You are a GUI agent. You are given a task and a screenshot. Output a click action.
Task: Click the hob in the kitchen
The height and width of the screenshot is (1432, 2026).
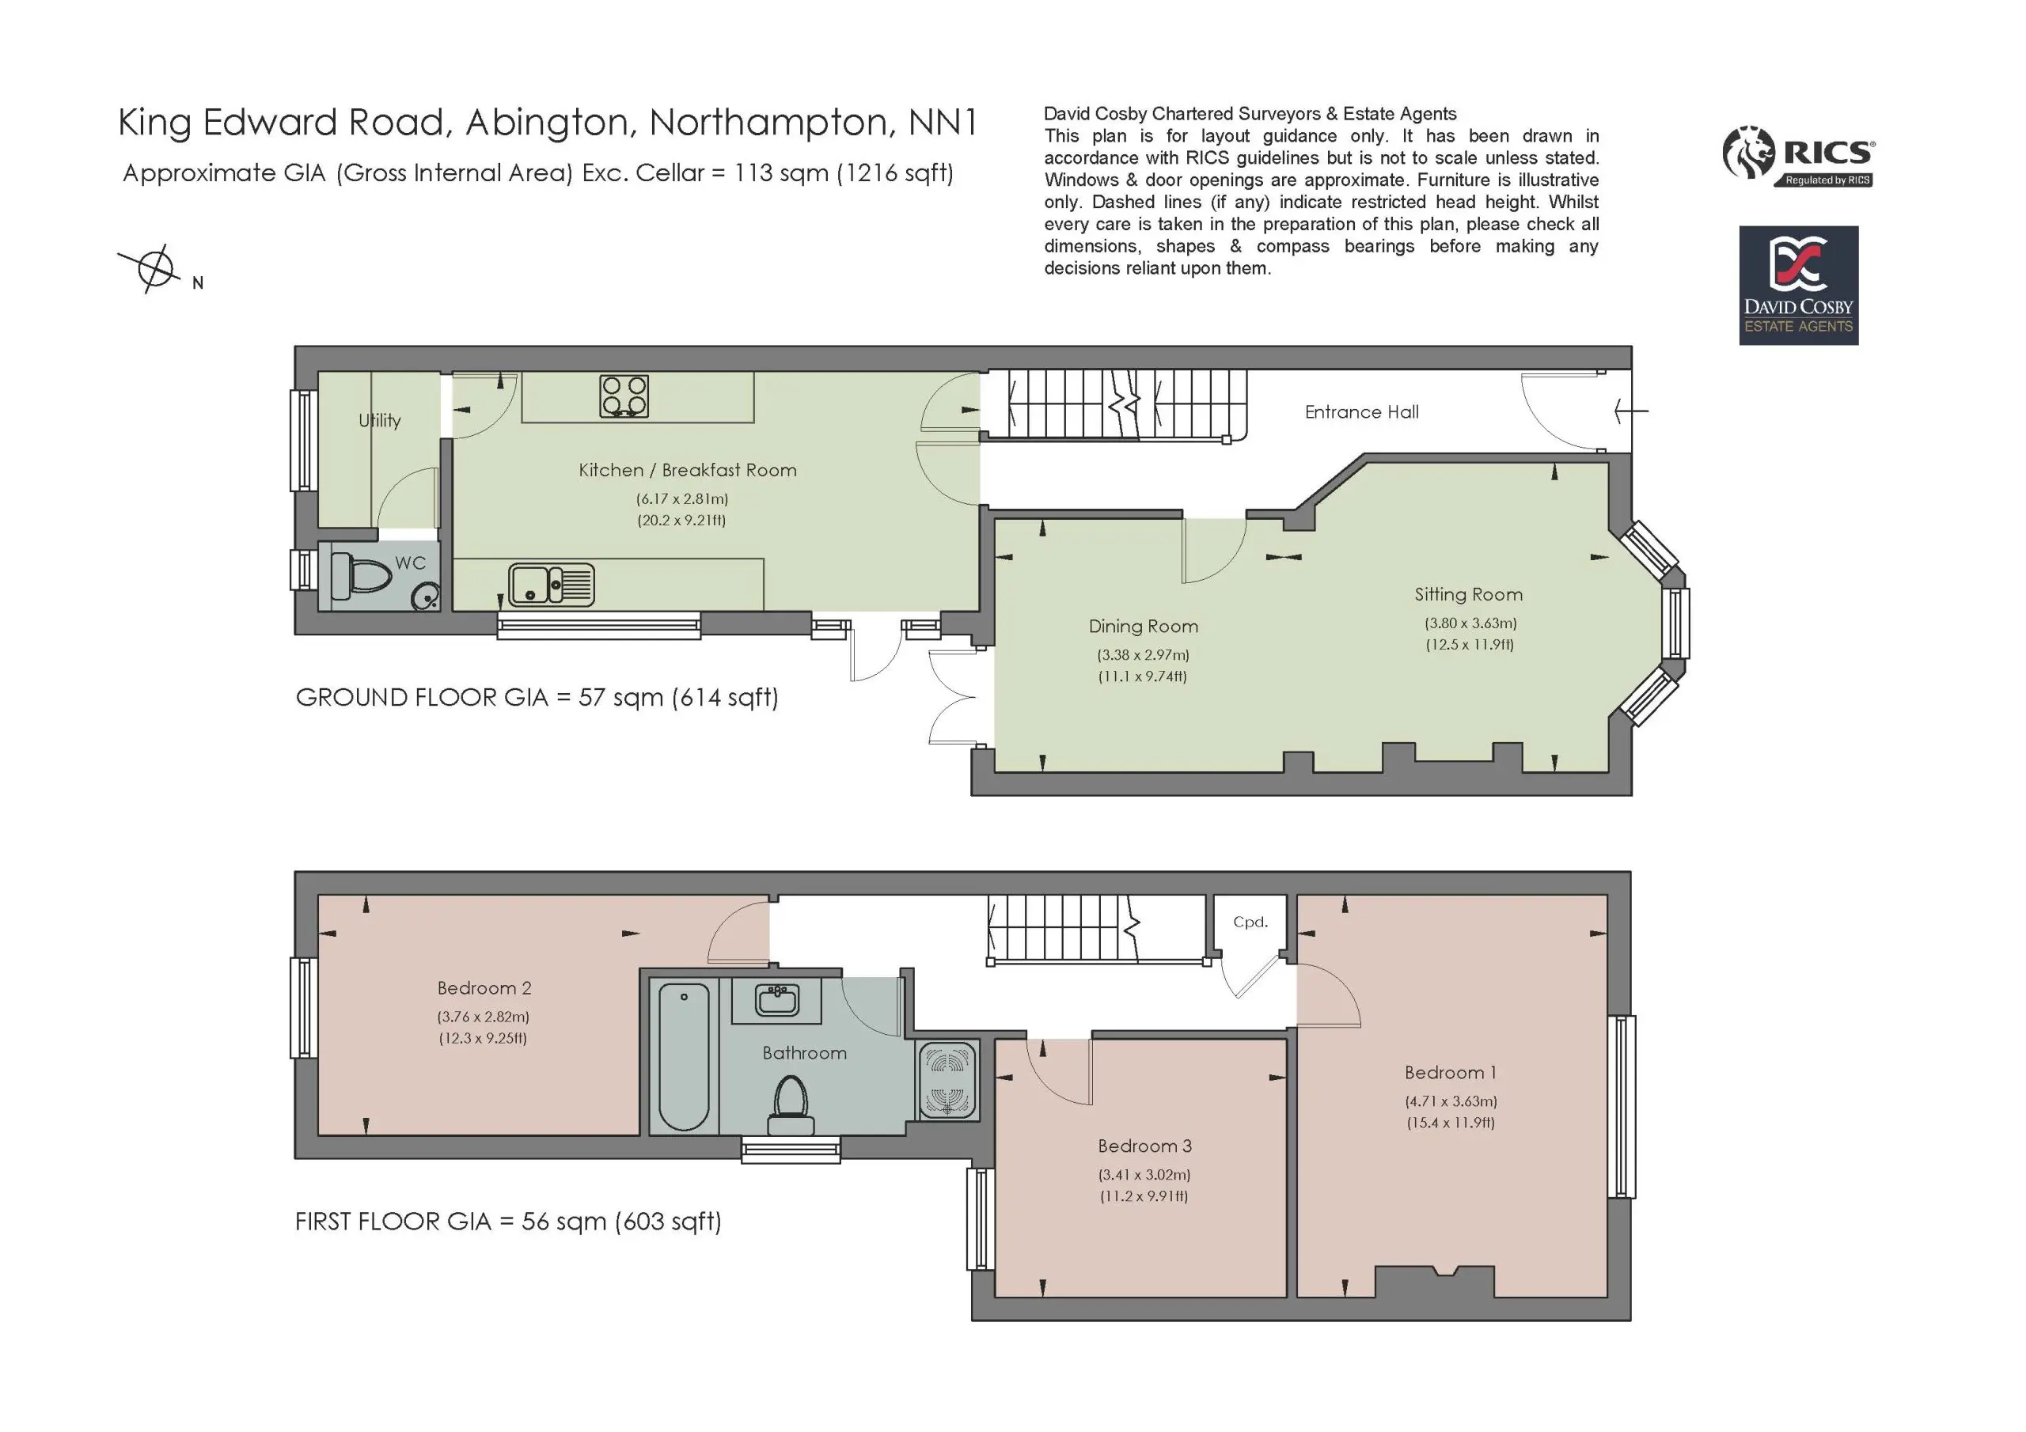click(624, 396)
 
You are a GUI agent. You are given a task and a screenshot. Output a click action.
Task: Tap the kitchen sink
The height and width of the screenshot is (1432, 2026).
click(552, 585)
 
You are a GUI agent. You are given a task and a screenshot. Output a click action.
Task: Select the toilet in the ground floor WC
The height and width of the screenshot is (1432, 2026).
click(362, 574)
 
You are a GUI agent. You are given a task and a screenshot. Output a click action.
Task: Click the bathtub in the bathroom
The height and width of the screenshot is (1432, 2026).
click(684, 1057)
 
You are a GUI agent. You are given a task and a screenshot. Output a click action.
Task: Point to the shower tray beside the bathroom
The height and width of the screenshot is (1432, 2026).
click(947, 1080)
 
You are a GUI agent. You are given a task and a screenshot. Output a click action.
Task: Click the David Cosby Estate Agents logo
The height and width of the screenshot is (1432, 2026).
click(1798, 285)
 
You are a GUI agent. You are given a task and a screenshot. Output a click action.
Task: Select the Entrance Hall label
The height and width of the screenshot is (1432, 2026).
click(1361, 412)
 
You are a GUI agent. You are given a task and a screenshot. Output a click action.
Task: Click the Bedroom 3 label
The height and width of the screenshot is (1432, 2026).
click(1144, 1146)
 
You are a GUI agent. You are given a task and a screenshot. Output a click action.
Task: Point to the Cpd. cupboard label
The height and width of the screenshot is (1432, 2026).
click(1250, 922)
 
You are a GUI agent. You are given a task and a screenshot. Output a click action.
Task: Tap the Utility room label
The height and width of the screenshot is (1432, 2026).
click(379, 421)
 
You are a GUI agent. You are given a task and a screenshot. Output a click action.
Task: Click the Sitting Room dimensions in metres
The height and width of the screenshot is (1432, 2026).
click(1471, 623)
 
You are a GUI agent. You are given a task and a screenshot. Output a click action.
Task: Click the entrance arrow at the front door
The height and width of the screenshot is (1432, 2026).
click(1630, 411)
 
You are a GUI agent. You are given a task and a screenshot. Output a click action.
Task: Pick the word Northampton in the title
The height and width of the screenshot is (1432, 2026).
click(768, 123)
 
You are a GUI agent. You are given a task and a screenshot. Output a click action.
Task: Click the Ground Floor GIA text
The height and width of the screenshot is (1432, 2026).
click(537, 698)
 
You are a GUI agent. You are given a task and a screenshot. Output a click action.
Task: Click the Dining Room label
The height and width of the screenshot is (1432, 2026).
click(1144, 627)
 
